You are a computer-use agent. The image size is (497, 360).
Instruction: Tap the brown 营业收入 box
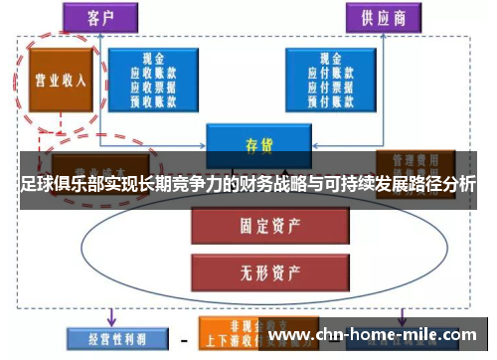pyautogui.click(x=61, y=79)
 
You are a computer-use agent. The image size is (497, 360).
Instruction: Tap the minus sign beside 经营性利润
pyautogui.click(x=185, y=337)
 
